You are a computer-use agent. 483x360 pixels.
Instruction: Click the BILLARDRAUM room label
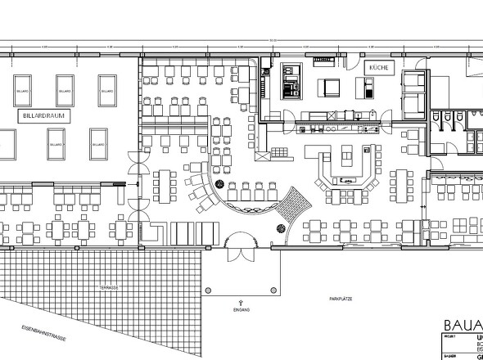[x=41, y=118]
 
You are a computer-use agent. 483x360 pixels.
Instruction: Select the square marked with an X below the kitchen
[x=263, y=155]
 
